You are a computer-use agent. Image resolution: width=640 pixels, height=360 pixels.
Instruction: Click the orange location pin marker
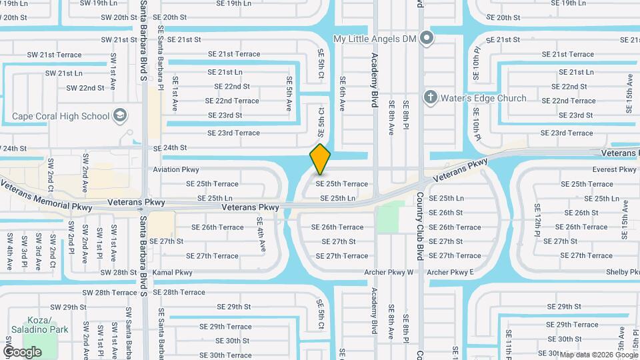[320, 159]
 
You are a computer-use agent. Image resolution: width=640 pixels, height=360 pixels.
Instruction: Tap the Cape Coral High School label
[60, 116]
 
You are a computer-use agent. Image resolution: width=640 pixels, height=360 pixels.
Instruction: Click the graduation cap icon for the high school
[119, 116]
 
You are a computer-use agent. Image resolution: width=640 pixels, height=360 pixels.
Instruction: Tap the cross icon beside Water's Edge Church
[431, 98]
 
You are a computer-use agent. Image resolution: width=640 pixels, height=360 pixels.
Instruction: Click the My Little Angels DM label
[374, 39]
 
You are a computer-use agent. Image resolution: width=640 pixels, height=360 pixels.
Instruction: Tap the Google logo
[22, 351]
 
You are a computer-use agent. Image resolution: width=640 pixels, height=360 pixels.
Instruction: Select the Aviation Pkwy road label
[176, 169]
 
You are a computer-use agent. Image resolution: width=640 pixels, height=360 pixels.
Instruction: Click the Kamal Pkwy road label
[172, 272]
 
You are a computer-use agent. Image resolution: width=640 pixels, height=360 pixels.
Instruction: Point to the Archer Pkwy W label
[389, 272]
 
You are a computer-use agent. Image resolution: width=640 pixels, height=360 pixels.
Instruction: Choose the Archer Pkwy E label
[450, 272]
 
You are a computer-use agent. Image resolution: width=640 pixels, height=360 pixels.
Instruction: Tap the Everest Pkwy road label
[614, 169]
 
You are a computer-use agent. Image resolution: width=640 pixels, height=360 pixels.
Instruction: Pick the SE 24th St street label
[170, 147]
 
